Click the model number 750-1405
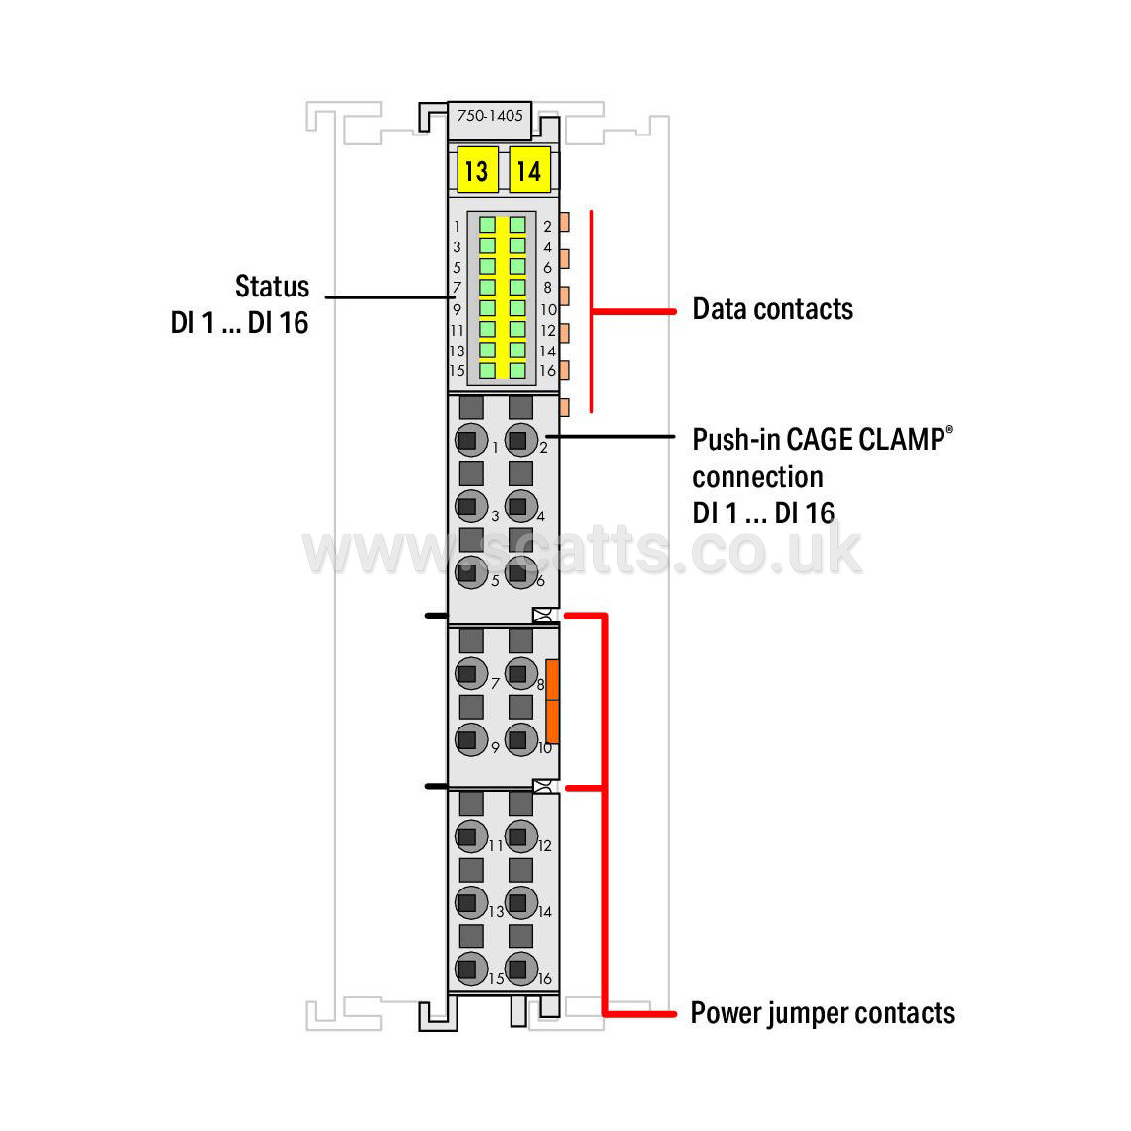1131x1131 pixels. tap(490, 116)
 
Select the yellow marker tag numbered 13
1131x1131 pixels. tap(477, 170)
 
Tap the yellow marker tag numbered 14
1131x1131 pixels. tap(529, 170)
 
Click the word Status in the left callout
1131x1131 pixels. tap(272, 287)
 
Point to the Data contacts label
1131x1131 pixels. tap(773, 309)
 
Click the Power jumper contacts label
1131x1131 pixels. tap(823, 1013)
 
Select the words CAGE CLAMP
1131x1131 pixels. tap(866, 439)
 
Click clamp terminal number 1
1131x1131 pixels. tap(471, 440)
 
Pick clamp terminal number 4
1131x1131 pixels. tap(520, 507)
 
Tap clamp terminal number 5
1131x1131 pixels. tap(471, 572)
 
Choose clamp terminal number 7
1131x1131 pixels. tap(471, 673)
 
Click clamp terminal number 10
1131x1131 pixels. tap(520, 739)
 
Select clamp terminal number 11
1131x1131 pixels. tap(471, 836)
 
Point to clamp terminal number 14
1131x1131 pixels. tap(520, 902)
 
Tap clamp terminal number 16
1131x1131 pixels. tap(520, 969)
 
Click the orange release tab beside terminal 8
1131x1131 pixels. tap(552, 701)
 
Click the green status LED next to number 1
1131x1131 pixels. tap(488, 225)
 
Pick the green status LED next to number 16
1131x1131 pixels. tap(517, 371)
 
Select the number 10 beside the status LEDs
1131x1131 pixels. tap(548, 309)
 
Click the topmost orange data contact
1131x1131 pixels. tap(565, 222)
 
